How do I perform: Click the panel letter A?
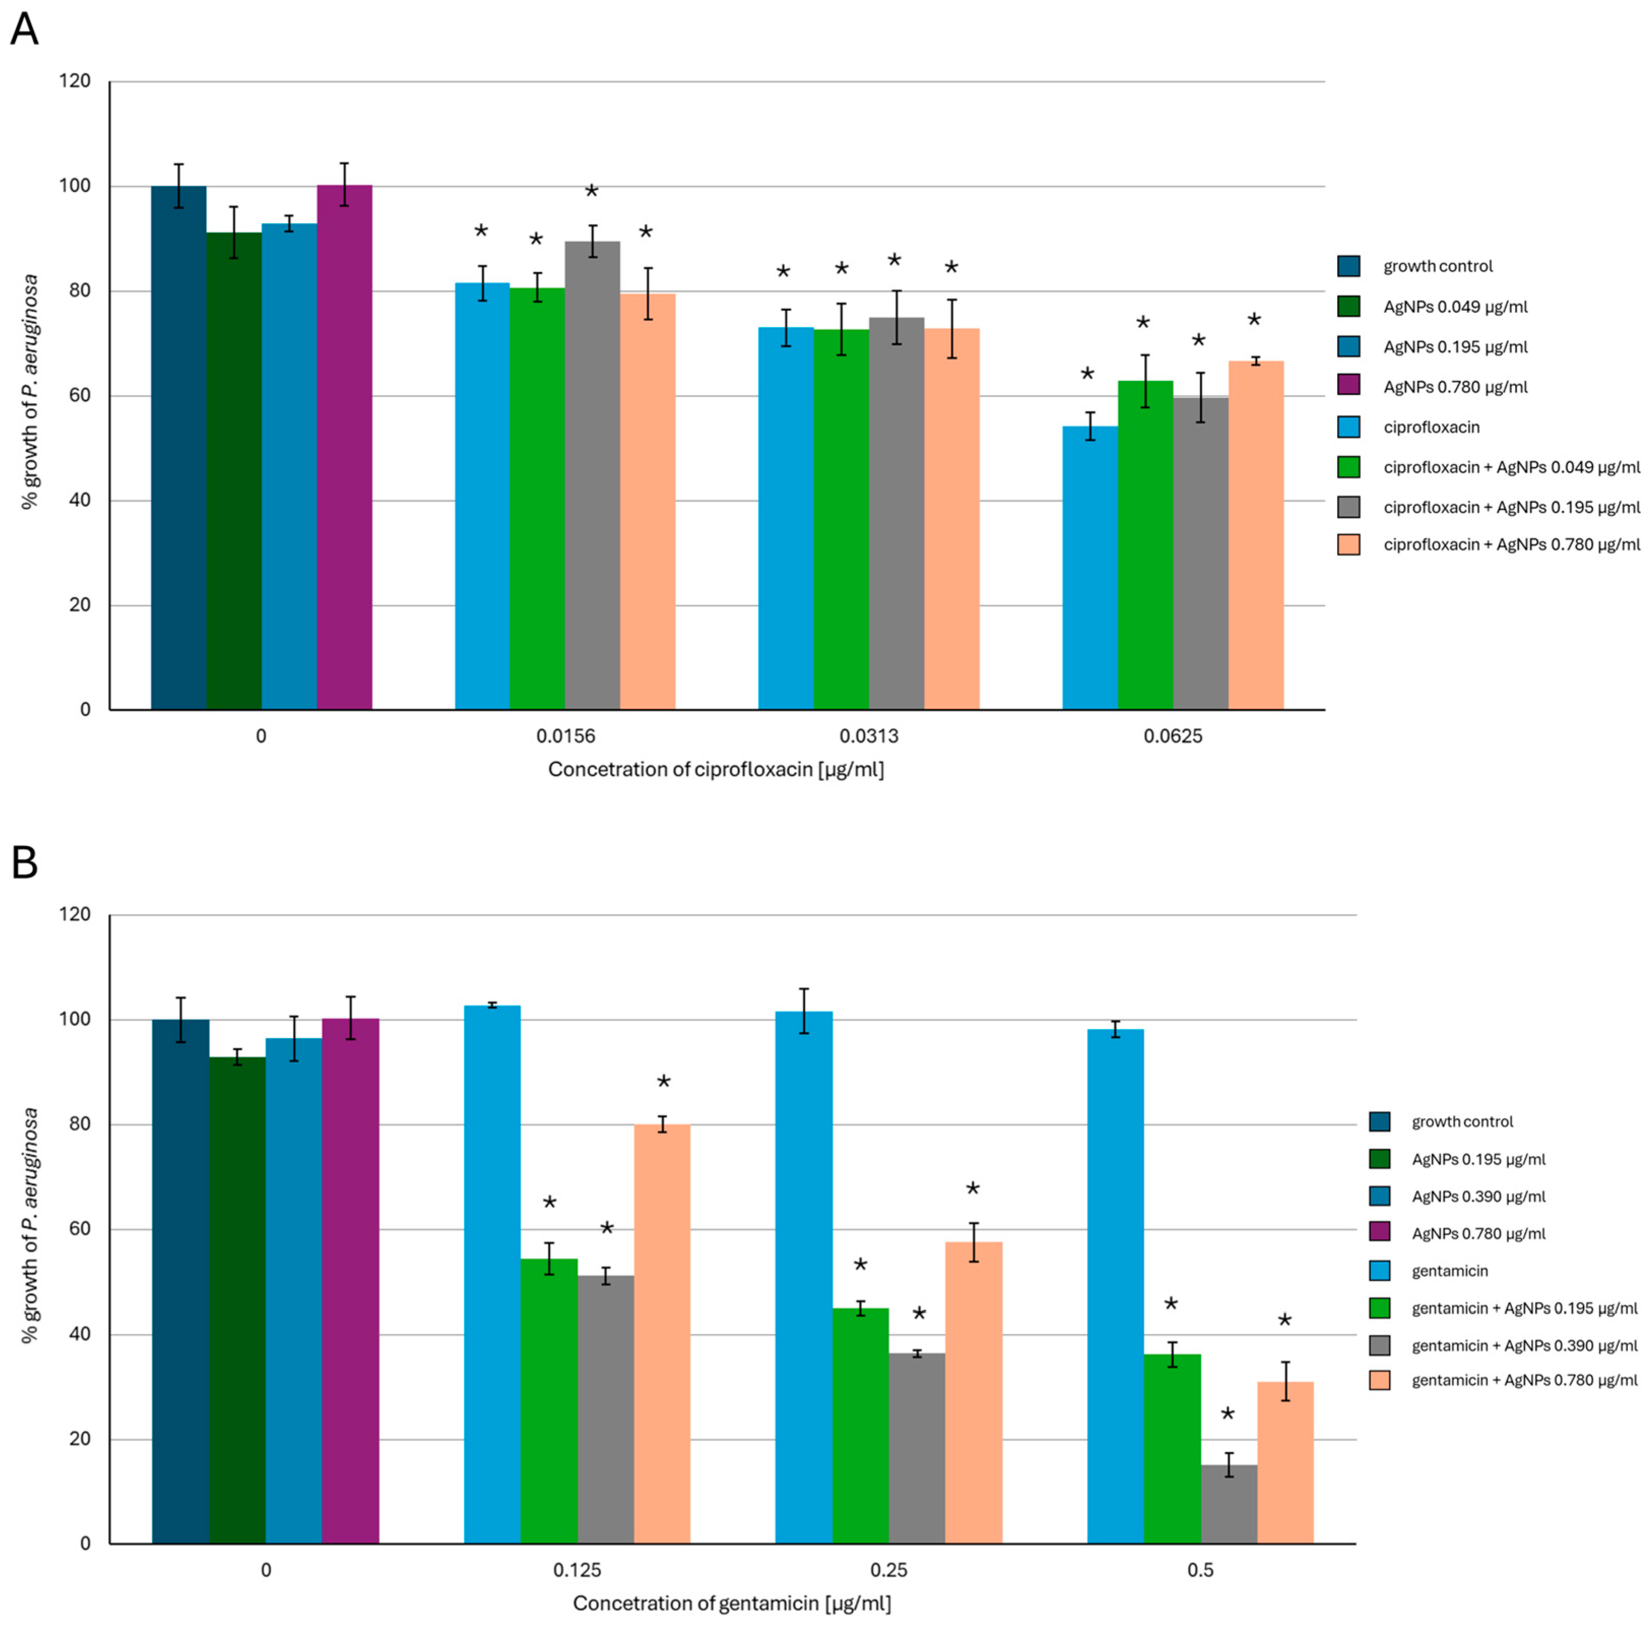point(24,30)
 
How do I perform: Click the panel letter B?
point(24,863)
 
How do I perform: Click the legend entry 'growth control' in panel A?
point(1437,266)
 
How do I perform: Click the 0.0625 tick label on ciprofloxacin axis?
point(1173,735)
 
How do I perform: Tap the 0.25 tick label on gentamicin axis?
point(889,1570)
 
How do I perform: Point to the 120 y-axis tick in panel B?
point(75,915)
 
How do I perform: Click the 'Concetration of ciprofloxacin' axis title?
point(716,769)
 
